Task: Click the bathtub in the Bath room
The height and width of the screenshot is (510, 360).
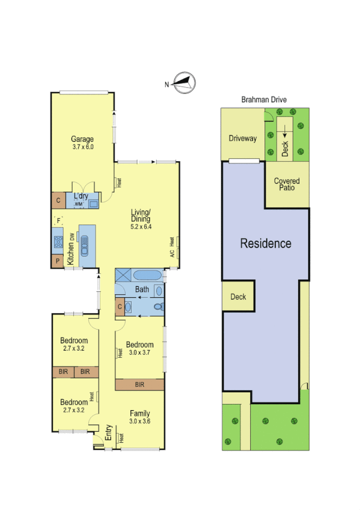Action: tap(147, 275)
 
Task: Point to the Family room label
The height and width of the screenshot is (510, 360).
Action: tap(140, 413)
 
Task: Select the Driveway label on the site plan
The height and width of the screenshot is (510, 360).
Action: tap(242, 138)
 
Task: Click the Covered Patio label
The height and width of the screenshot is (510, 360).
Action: tap(287, 185)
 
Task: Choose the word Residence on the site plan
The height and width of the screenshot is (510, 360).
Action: tap(266, 244)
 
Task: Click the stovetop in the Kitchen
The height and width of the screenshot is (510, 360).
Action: tap(58, 242)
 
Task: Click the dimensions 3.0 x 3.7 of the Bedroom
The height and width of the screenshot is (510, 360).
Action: tap(139, 353)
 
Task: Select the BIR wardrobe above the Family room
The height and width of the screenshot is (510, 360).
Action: tap(139, 384)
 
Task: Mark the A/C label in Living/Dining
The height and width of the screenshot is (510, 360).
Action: tap(172, 253)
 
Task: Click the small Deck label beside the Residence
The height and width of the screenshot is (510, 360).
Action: tap(238, 297)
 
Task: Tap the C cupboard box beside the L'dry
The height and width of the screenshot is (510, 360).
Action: tap(58, 201)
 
